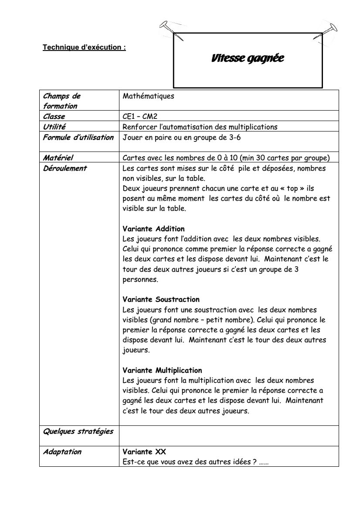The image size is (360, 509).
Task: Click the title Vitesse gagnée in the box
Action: pyautogui.click(x=247, y=58)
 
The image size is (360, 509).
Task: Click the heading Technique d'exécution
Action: pyautogui.click(x=84, y=47)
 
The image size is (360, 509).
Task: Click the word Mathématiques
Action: pyautogui.click(x=148, y=96)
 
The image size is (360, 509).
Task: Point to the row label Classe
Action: pyautogui.click(x=54, y=117)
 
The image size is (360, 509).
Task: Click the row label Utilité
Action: pyautogui.click(x=54, y=127)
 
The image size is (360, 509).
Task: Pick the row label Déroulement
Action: pyautogui.click(x=65, y=168)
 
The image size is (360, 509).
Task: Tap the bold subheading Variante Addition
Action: pyautogui.click(x=153, y=229)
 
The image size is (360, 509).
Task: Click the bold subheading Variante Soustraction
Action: pyautogui.click(x=161, y=300)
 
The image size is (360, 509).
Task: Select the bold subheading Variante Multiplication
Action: pyautogui.click(x=162, y=371)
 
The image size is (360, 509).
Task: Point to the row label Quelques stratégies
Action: pyautogui.click(x=78, y=431)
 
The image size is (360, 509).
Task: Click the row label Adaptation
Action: pyautogui.click(x=62, y=452)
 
